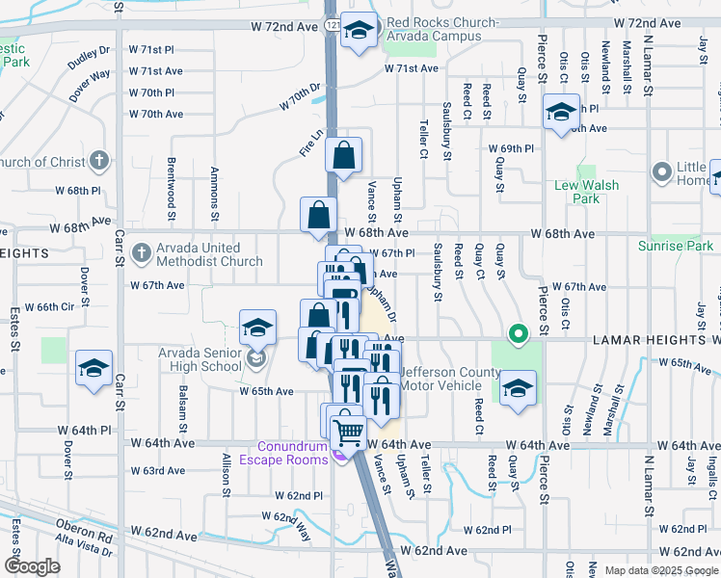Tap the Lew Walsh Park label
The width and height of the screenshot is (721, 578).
pyautogui.click(x=587, y=192)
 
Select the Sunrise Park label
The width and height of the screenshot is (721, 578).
pyautogui.click(x=676, y=246)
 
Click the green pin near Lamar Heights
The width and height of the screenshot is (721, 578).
pyautogui.click(x=518, y=335)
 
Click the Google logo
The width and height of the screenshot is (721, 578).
pyautogui.click(x=32, y=566)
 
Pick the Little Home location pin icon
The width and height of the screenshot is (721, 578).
pyautogui.click(x=661, y=172)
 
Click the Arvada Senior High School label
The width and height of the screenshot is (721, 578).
pyautogui.click(x=200, y=359)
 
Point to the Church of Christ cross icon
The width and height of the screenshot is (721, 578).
pyautogui.click(x=99, y=160)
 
